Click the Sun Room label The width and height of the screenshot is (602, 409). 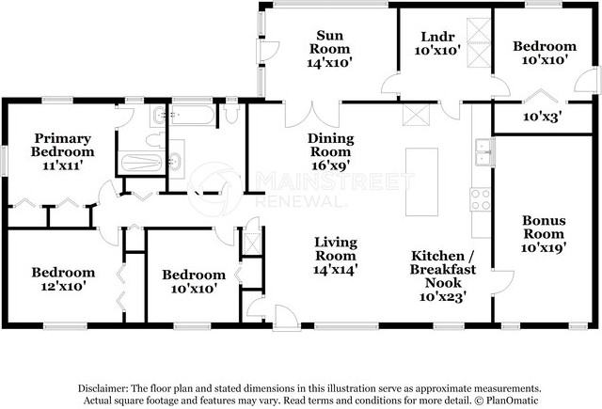pyautogui.click(x=330, y=49)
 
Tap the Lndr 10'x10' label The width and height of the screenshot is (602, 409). pyautogui.click(x=437, y=43)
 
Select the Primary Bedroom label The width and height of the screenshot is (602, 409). pyautogui.click(x=63, y=151)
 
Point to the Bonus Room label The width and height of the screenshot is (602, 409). pyautogui.click(x=544, y=234)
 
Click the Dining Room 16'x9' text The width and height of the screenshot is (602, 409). pyautogui.click(x=330, y=151)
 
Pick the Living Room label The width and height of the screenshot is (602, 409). pyautogui.click(x=336, y=256)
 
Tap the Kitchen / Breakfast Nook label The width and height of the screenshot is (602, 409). pyautogui.click(x=443, y=276)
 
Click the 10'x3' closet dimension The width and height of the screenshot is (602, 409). pyautogui.click(x=543, y=117)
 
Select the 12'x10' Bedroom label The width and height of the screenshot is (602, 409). pyautogui.click(x=63, y=279)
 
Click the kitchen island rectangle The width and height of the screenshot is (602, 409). pyautogui.click(x=422, y=181)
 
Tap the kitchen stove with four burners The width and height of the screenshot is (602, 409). pyautogui.click(x=481, y=199)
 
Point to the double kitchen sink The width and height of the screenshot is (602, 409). pyautogui.click(x=485, y=152)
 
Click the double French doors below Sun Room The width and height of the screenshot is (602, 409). pyautogui.click(x=312, y=115)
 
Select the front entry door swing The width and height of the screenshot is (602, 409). pyautogui.click(x=286, y=318)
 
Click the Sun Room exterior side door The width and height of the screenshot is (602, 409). pyautogui.click(x=267, y=51)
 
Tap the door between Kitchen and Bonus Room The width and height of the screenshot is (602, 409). pyautogui.click(x=503, y=283)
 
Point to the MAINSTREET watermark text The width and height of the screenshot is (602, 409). pyautogui.click(x=335, y=181)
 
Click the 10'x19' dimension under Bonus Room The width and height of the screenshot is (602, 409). pyautogui.click(x=544, y=247)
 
